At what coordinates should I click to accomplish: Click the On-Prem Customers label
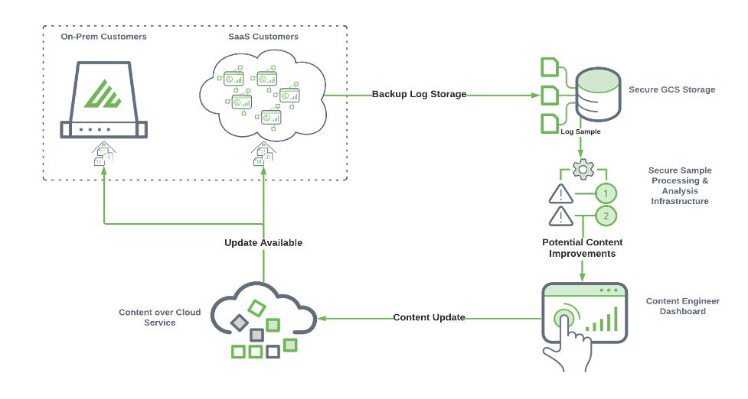[x=104, y=36]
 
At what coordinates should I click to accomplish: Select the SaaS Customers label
[x=263, y=36]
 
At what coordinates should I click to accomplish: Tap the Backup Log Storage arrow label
[x=419, y=95]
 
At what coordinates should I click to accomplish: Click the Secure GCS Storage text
[x=671, y=89]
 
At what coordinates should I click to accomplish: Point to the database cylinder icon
[x=599, y=93]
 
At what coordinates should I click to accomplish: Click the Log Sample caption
[x=580, y=131]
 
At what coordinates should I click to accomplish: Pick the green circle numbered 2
[x=606, y=216]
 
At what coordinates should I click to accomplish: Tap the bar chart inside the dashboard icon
[x=602, y=321]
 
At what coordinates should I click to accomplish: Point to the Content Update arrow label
[x=429, y=317]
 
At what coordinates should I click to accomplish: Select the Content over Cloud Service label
[x=160, y=317]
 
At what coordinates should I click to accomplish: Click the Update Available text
[x=263, y=242]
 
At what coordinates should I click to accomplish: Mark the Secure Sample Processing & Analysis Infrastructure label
[x=679, y=186]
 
